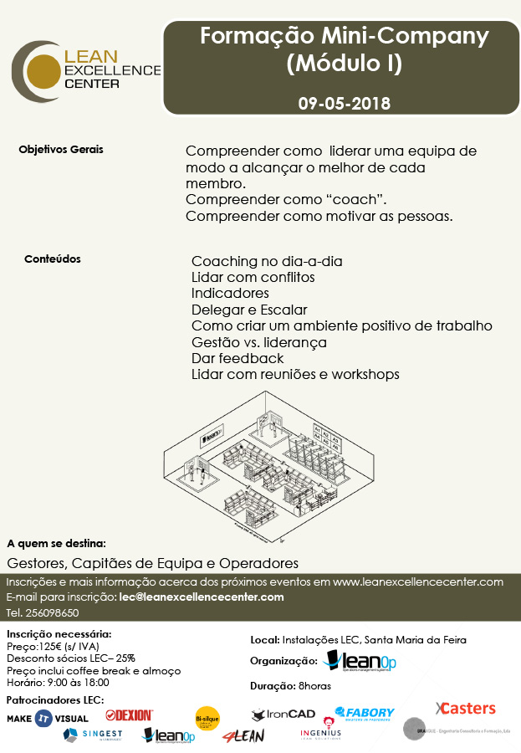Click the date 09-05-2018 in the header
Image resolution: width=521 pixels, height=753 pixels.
tap(344, 105)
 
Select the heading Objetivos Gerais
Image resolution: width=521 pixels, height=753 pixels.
tap(61, 150)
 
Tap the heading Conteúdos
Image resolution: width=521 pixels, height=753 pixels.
tap(53, 259)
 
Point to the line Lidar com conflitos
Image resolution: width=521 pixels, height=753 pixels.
tap(253, 277)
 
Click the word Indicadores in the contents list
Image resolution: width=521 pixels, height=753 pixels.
tap(230, 294)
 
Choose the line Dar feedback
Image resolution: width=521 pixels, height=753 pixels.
tap(238, 358)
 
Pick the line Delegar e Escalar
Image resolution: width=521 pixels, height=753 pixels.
tap(249, 310)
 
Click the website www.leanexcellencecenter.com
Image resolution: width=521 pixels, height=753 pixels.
tap(418, 581)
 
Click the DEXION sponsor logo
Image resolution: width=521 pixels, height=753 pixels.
tap(129, 715)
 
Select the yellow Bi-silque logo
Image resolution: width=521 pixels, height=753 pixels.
tap(207, 717)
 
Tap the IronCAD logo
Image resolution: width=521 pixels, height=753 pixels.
tap(283, 715)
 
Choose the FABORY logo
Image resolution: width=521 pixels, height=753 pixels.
tap(365, 714)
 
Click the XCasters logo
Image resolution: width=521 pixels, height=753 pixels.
tap(465, 709)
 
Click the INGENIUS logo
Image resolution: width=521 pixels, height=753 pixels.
tap(320, 734)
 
